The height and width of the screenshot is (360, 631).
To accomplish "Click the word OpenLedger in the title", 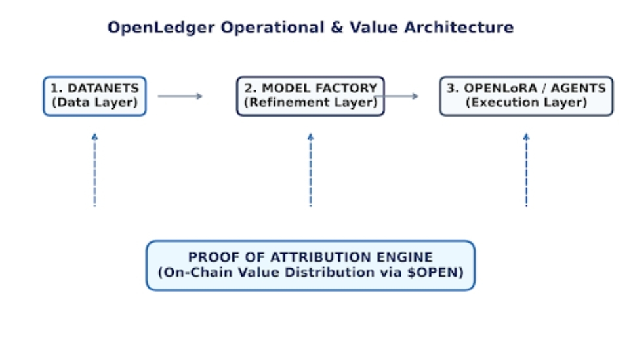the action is pyautogui.click(x=161, y=28).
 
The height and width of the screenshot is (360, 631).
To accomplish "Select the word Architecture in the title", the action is pyautogui.click(x=458, y=28).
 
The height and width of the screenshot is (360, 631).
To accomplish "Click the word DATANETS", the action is pyautogui.click(x=103, y=88).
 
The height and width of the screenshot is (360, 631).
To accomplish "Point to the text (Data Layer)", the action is pyautogui.click(x=95, y=102).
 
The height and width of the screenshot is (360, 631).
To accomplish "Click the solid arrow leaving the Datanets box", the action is pyautogui.click(x=180, y=96).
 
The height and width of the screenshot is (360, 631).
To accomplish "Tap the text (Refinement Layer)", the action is pyautogui.click(x=311, y=102).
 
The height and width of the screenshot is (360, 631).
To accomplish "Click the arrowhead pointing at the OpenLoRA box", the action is pyautogui.click(x=415, y=96).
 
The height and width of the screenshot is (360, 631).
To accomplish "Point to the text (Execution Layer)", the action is pyautogui.click(x=526, y=102).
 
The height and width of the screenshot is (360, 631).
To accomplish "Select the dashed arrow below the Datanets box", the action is pyautogui.click(x=95, y=170).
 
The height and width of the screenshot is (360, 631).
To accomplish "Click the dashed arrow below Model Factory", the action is pyautogui.click(x=311, y=170).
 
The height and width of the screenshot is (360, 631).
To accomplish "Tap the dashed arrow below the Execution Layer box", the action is pyautogui.click(x=526, y=170).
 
